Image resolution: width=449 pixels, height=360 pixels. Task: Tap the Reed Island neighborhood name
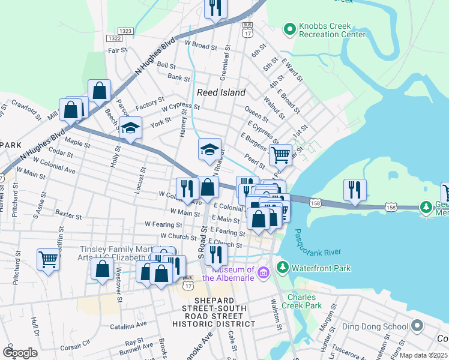[x=221, y=92]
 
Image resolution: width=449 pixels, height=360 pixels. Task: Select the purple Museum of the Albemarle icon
[x=262, y=274]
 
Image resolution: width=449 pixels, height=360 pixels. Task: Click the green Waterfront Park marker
[x=282, y=266]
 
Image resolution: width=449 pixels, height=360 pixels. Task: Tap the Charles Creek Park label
[x=305, y=301]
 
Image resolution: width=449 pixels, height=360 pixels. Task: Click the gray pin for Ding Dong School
[x=418, y=327]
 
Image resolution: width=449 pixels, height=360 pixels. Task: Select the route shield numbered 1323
[x=125, y=30]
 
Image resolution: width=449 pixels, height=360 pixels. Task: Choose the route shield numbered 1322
[x=114, y=38]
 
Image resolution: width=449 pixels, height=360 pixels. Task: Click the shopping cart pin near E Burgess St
[x=280, y=155]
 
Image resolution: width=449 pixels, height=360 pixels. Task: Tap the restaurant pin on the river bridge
[x=355, y=190]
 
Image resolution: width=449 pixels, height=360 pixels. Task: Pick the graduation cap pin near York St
[x=130, y=128]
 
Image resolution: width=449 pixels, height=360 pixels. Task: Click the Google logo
[x=20, y=353]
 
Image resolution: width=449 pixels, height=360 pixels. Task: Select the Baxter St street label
[x=68, y=212]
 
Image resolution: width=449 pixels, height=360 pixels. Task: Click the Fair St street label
[x=116, y=51]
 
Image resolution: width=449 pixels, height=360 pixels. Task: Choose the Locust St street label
[x=143, y=178]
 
